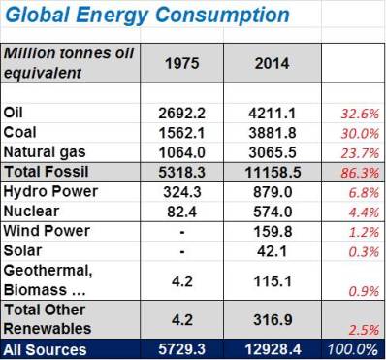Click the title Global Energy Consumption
[146, 16]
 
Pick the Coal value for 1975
[182, 133]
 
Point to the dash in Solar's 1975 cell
[182, 250]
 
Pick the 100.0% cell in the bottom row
[355, 349]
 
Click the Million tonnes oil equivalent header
[68, 62]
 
